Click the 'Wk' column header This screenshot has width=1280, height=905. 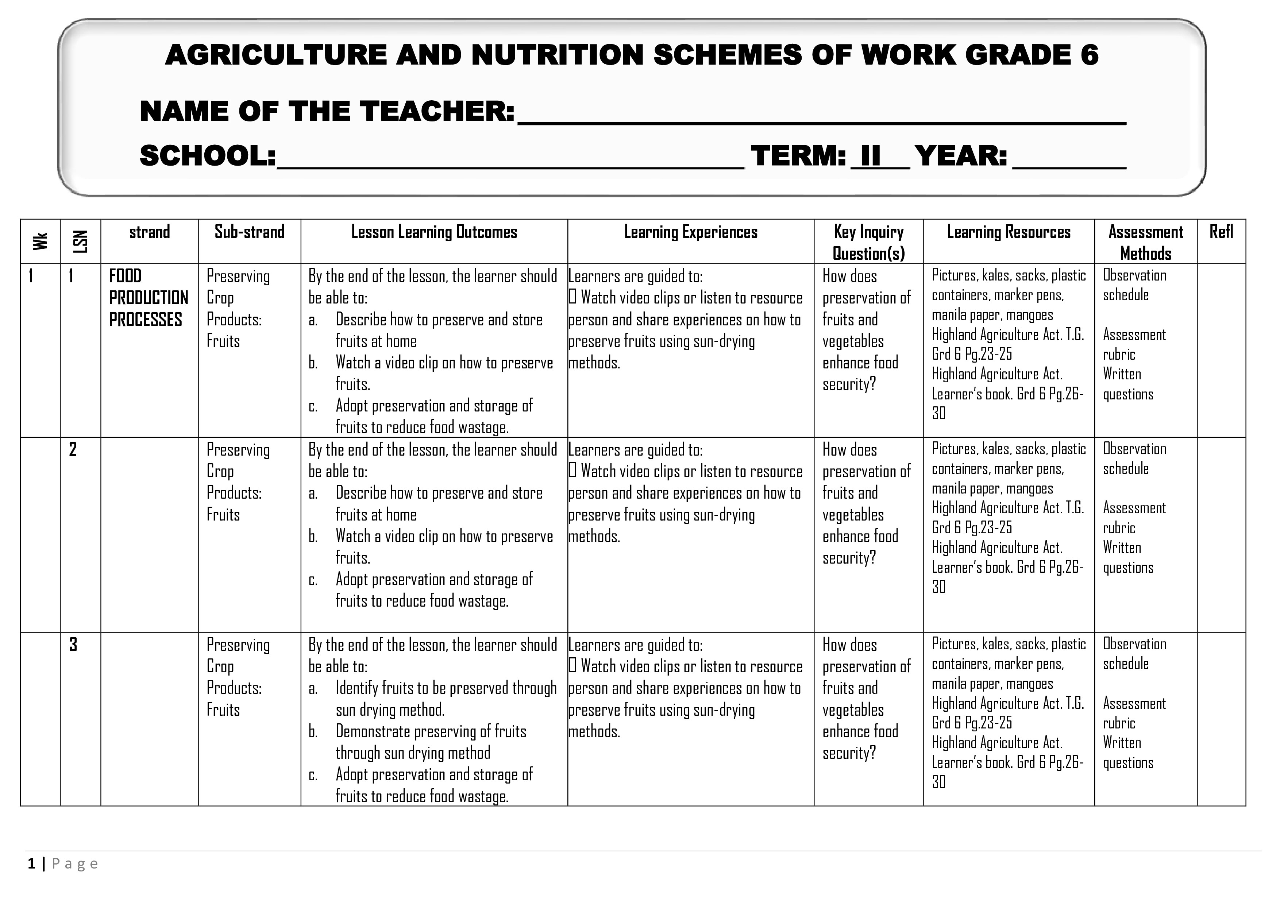40,241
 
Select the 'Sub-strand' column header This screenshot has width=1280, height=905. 249,232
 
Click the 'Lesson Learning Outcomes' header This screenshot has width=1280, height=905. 434,232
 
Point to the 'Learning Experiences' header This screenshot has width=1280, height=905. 690,232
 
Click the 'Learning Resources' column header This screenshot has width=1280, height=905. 1009,232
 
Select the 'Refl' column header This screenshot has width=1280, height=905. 1221,232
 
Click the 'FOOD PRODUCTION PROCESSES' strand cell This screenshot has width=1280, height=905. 148,298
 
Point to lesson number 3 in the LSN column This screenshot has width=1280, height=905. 73,645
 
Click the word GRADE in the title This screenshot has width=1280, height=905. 1015,55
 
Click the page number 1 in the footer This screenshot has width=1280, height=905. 32,864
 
